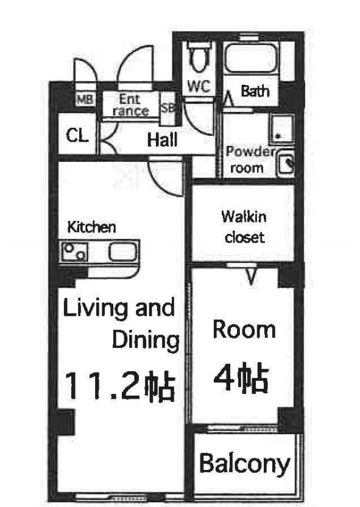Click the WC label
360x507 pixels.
[198, 87]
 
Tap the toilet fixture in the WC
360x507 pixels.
[197, 58]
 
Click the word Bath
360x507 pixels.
[255, 92]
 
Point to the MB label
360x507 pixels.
[84, 99]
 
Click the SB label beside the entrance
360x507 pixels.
[168, 108]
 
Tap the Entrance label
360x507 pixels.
[130, 105]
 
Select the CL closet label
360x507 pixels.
[77, 135]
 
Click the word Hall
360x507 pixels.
[163, 140]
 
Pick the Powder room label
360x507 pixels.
[250, 160]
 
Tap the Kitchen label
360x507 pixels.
[91, 228]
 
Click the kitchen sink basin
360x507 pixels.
[122, 251]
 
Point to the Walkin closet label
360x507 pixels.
[244, 226]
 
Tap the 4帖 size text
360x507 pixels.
[241, 379]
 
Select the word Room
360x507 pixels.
[244, 329]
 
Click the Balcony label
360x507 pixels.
[245, 464]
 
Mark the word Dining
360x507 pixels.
[146, 340]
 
